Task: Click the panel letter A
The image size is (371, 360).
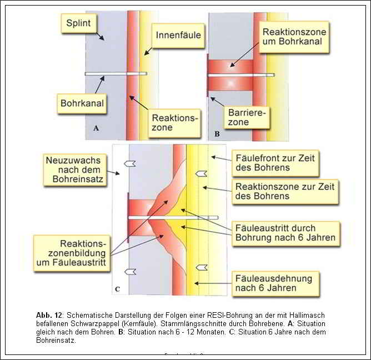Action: [x=96, y=128]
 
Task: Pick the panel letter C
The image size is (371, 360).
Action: [x=117, y=288]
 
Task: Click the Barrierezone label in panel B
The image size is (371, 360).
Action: [x=247, y=118]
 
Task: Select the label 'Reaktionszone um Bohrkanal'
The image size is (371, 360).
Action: [x=294, y=37]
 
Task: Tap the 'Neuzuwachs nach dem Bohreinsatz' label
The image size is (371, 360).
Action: [x=75, y=169]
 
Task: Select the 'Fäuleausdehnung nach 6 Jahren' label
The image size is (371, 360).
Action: [x=273, y=283]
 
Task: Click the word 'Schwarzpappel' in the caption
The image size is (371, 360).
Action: [x=96, y=323]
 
